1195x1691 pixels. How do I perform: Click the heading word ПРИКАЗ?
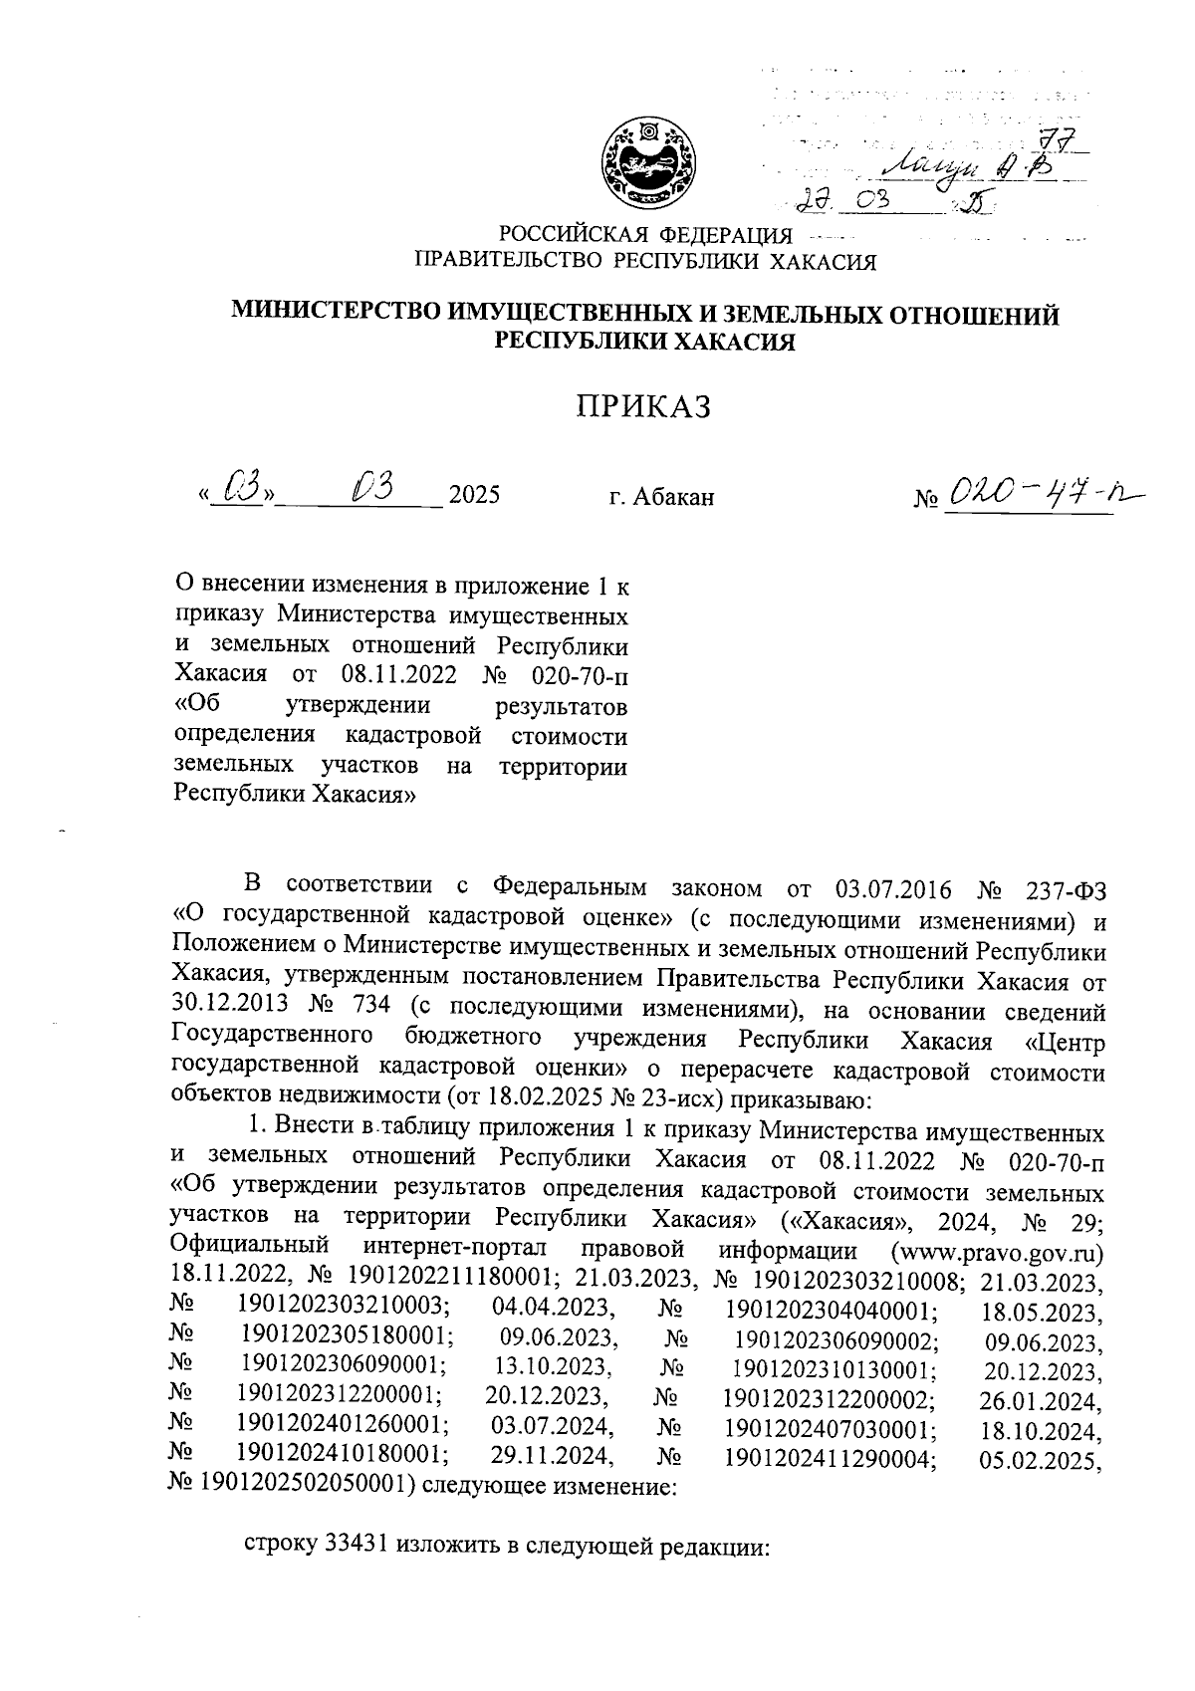pyautogui.click(x=644, y=407)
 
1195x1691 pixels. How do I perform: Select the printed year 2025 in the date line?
pyautogui.click(x=474, y=495)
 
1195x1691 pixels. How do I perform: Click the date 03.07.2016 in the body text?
pyautogui.click(x=891, y=886)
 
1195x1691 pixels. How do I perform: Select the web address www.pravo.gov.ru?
pyautogui.click(x=1001, y=1249)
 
